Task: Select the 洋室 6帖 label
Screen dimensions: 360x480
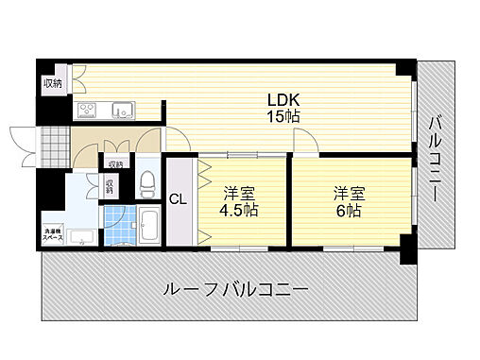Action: [x=346, y=201]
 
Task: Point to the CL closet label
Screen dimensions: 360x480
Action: [x=178, y=198]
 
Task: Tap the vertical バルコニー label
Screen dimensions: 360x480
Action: [x=436, y=159]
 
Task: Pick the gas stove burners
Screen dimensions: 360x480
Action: [x=88, y=111]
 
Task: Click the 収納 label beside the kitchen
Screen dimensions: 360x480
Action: [x=51, y=84]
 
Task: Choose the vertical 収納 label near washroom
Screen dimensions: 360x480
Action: [x=110, y=185]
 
